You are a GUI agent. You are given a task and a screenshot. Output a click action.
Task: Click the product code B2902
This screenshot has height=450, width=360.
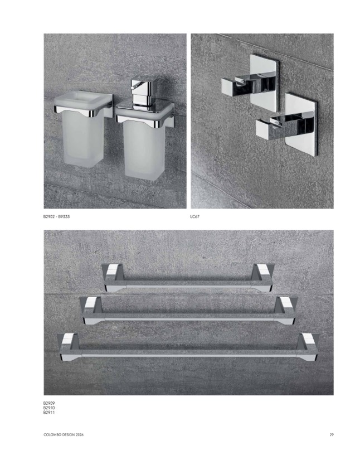(x=49, y=217)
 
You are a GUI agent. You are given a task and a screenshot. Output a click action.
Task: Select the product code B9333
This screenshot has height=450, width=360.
(x=64, y=217)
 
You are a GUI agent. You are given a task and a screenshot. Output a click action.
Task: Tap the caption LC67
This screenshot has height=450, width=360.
(x=194, y=217)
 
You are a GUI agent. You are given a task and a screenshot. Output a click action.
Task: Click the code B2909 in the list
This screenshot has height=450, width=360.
(x=49, y=403)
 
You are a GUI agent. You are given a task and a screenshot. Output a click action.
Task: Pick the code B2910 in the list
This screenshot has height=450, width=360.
(x=49, y=408)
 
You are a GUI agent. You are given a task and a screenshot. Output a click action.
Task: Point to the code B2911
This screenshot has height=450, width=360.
(x=49, y=413)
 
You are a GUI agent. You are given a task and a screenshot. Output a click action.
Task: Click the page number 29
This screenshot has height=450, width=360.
(x=332, y=435)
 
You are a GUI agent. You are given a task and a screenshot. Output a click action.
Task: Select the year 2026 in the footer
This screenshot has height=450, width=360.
(x=80, y=435)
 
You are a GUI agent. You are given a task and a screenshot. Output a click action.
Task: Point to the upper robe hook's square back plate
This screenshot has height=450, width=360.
(x=264, y=83)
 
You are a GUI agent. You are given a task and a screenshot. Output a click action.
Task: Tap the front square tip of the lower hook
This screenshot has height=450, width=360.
(x=263, y=129)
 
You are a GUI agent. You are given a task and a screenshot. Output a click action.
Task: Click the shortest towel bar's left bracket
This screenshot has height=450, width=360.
(x=113, y=277)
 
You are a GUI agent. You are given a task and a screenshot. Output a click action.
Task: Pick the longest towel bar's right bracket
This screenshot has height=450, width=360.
(x=308, y=347)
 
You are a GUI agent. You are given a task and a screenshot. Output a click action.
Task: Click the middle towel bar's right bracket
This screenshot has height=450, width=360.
(x=285, y=311)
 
